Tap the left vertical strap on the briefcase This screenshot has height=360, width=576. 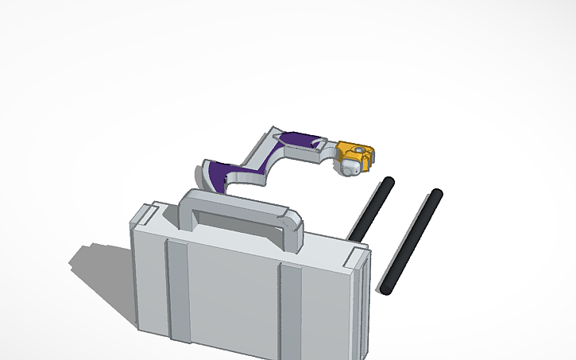tap(176, 294)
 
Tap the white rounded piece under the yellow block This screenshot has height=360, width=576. tap(350, 168)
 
